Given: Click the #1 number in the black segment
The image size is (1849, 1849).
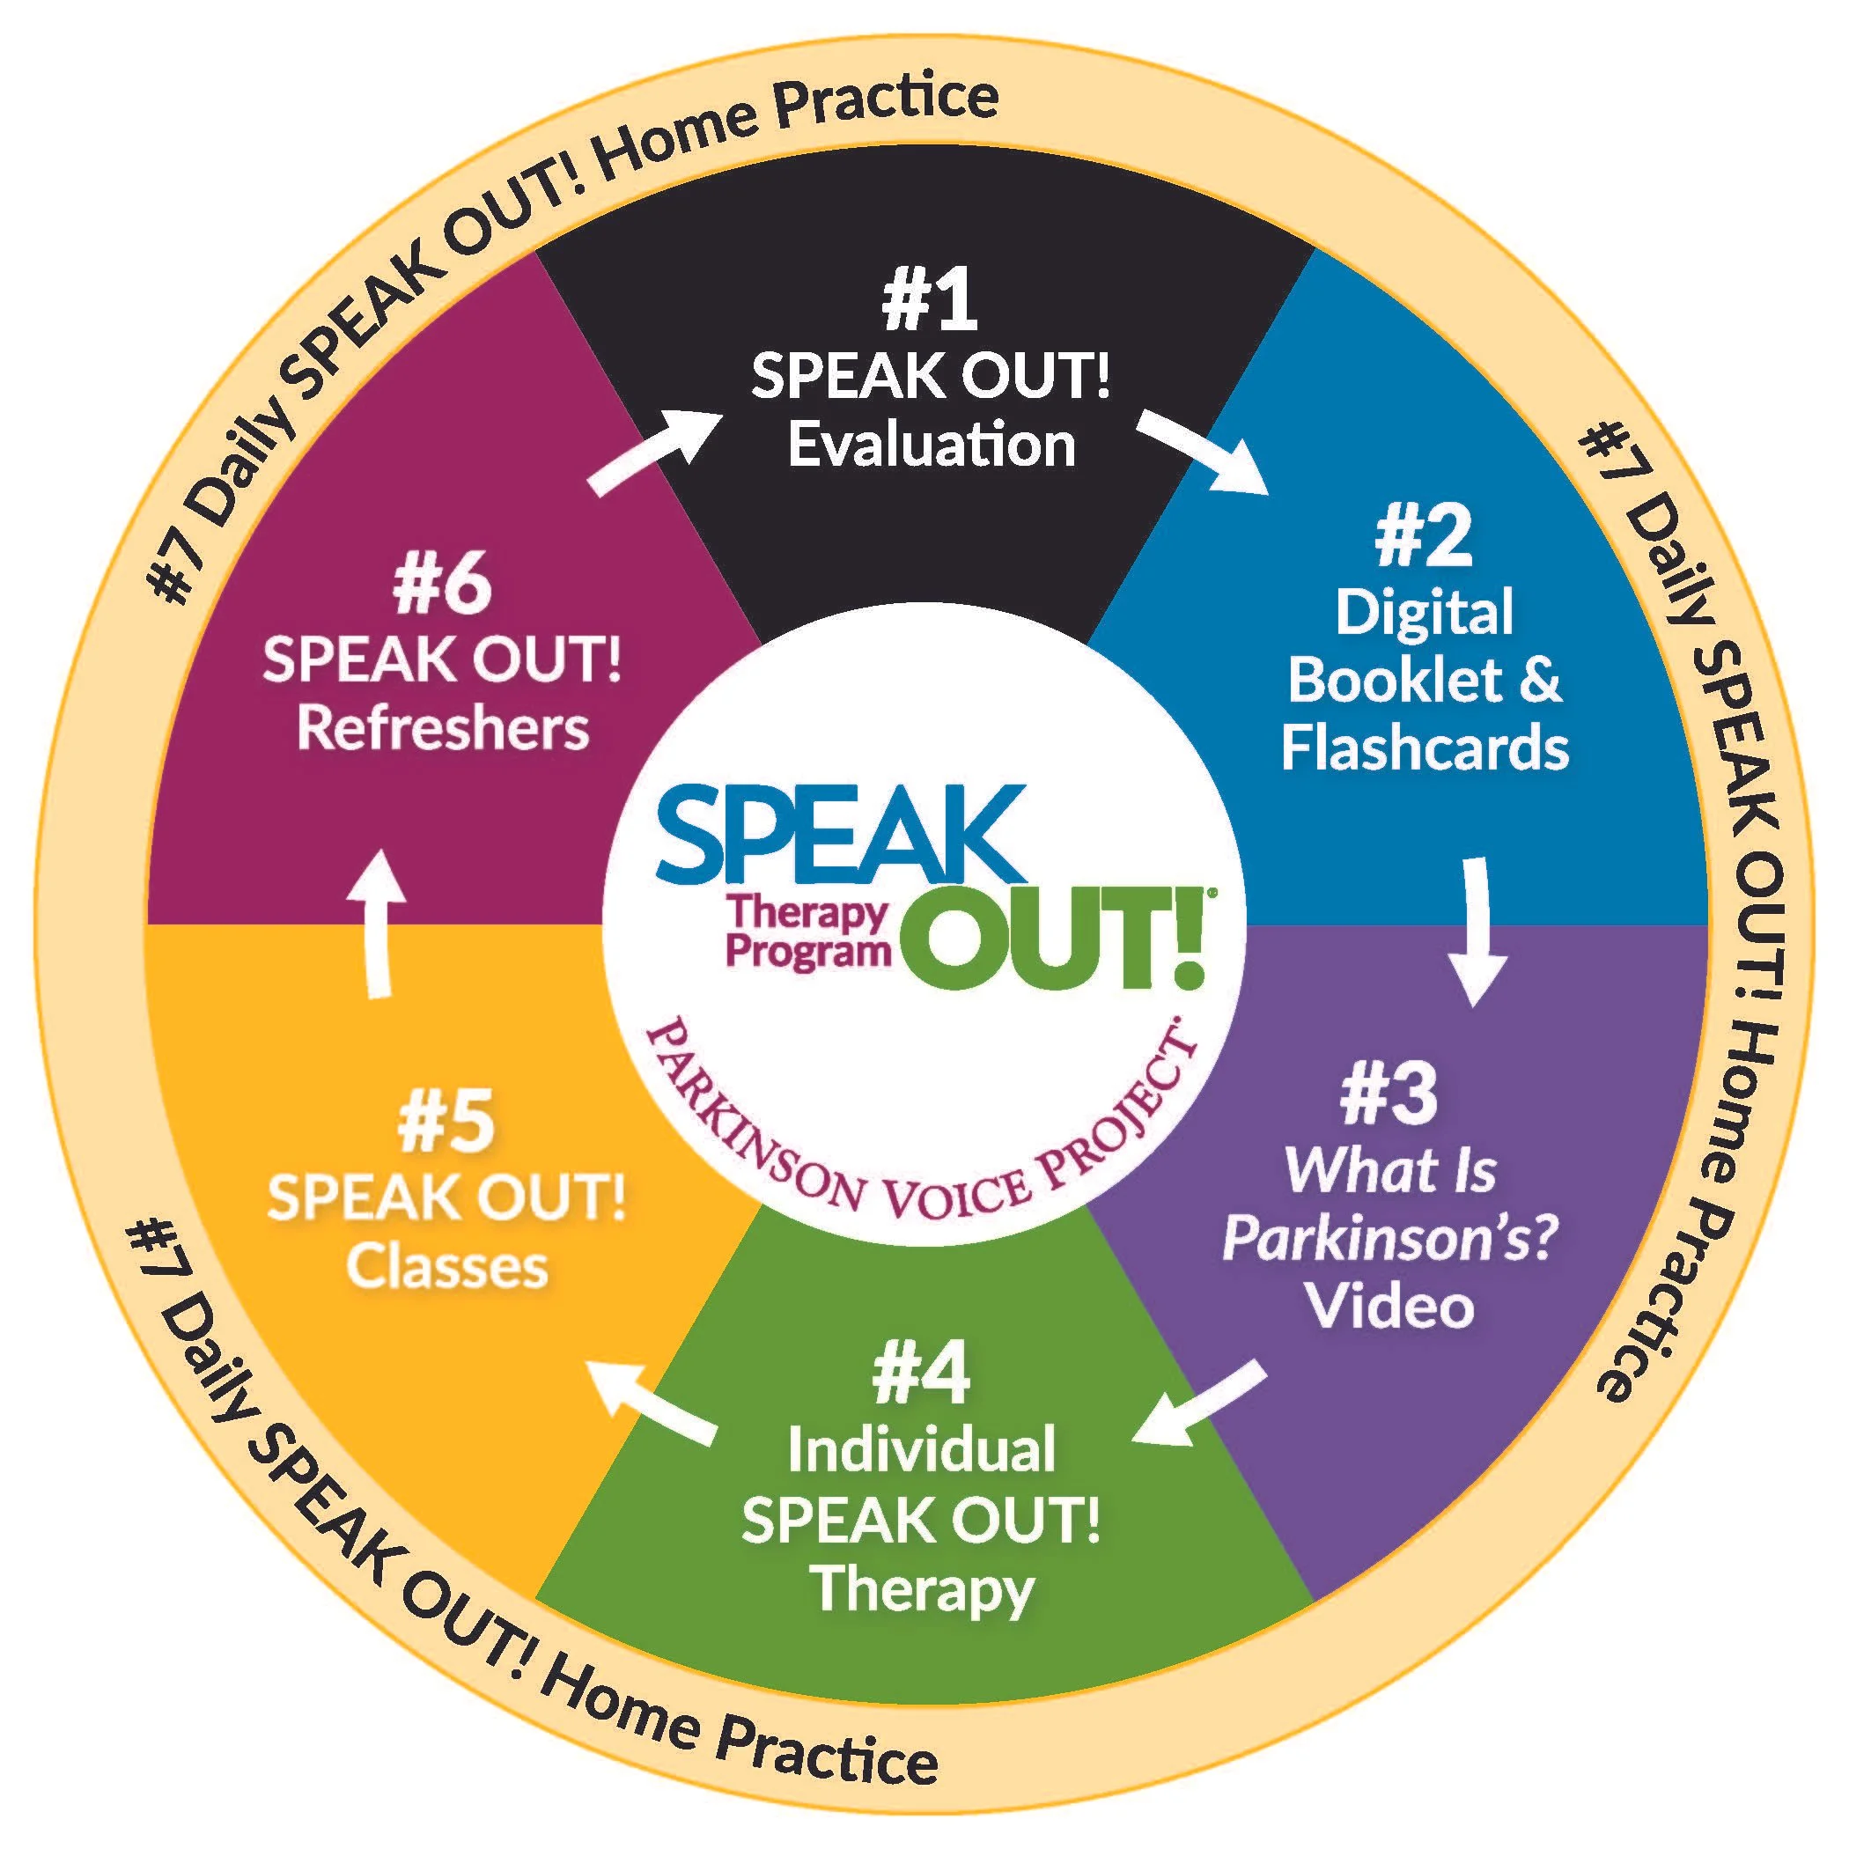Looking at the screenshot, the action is pos(929,300).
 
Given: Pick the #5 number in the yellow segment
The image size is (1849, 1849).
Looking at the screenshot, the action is pos(446,1123).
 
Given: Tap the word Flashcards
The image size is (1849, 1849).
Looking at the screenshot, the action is pos(1425,748).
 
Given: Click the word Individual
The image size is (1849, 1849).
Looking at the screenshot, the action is pos(922,1449).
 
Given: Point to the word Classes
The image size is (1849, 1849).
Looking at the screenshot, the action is pos(447,1266).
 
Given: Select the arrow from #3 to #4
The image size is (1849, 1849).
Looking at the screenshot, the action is pos(1200,1406).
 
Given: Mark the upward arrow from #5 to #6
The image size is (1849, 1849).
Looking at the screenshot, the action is pos(377,923).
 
